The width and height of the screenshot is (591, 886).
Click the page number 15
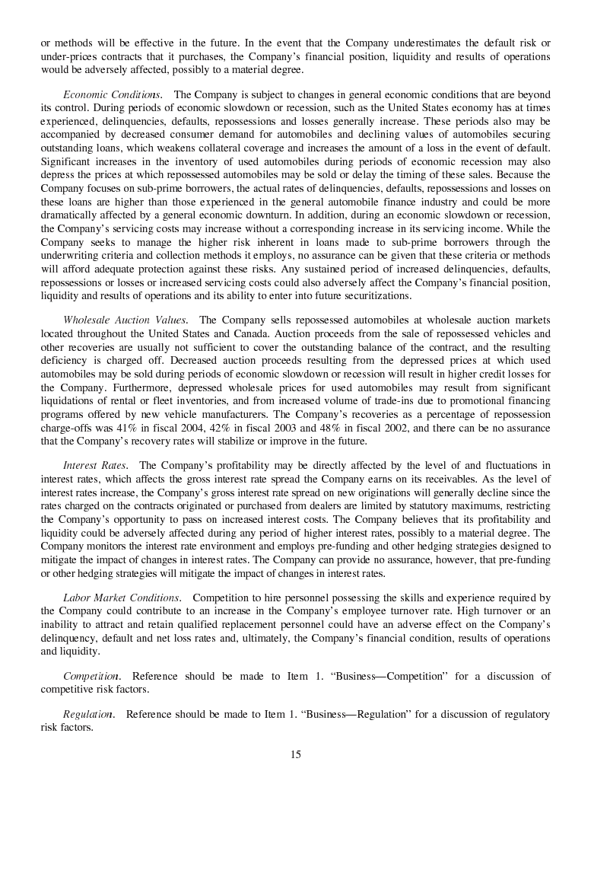295,755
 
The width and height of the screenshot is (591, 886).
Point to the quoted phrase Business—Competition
390,677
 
